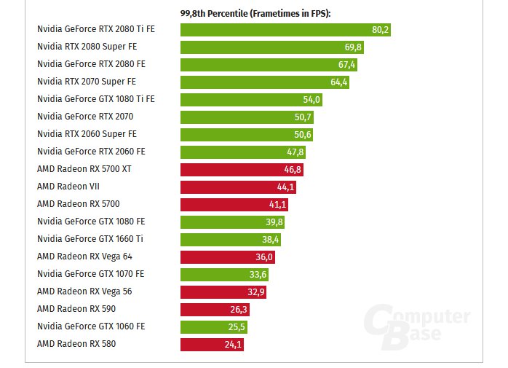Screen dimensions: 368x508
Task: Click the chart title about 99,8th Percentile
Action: [x=255, y=13]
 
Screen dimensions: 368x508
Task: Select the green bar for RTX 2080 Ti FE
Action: [x=285, y=30]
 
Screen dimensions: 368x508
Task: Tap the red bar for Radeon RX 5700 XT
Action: [x=242, y=170]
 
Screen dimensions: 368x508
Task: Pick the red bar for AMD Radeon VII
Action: [x=238, y=187]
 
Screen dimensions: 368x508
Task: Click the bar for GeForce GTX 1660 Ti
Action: [x=231, y=240]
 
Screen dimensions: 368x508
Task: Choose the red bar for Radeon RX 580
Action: [x=212, y=345]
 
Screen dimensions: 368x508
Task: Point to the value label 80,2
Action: [x=381, y=30]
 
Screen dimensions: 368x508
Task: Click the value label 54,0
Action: [x=311, y=100]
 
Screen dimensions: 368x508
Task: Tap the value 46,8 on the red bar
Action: [x=293, y=170]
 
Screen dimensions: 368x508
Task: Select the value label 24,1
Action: [x=233, y=345]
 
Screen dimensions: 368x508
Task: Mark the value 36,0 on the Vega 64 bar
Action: [x=264, y=257]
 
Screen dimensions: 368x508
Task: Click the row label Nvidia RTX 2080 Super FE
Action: [x=87, y=47]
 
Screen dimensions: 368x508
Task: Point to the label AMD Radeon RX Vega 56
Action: [x=84, y=291]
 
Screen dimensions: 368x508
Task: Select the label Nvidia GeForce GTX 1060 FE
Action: [x=90, y=326]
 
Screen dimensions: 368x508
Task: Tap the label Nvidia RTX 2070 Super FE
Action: [x=87, y=82]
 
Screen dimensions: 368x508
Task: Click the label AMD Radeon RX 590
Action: [x=76, y=309]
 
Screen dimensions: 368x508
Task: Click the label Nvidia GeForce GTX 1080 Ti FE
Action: [x=95, y=99]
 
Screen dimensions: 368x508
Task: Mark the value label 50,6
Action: [x=303, y=135]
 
